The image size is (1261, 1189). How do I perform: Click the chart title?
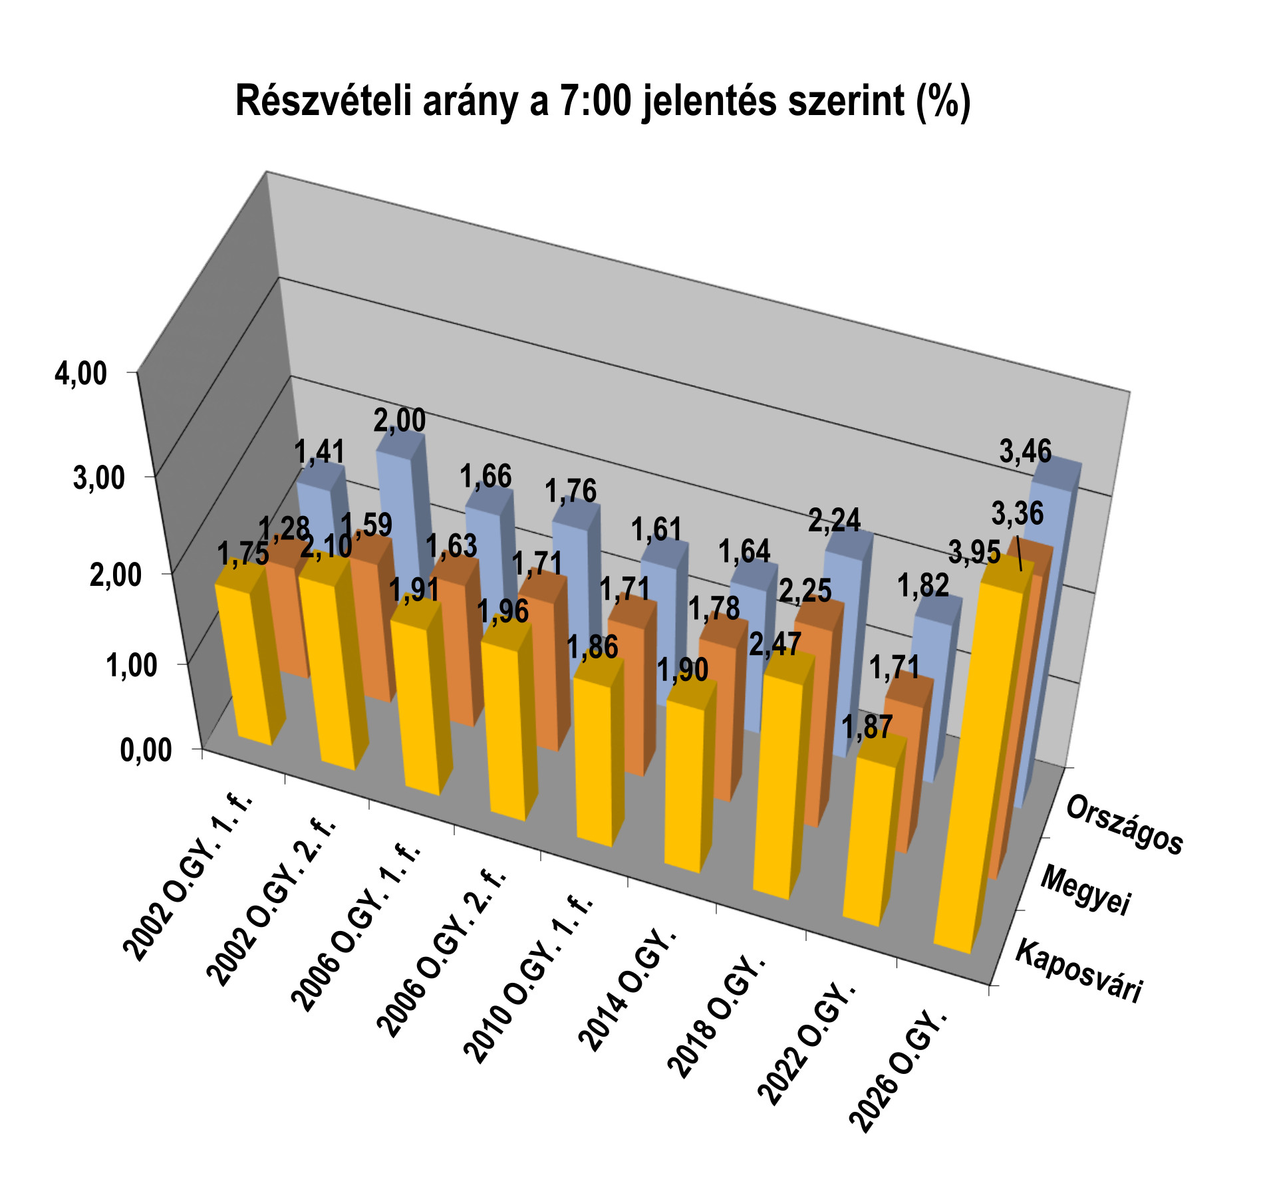coord(603,102)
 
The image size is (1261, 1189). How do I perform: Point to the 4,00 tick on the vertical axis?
coord(80,374)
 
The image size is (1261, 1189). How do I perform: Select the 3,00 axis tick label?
coord(99,478)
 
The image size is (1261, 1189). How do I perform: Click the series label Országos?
coord(1124,825)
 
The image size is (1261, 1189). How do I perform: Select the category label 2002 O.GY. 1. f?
coord(190,877)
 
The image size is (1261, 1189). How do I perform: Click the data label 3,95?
coord(974,553)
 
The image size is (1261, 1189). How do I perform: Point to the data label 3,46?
coord(1026,452)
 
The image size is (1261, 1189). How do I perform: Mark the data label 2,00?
coord(400,420)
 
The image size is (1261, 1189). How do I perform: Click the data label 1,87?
coord(867,727)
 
